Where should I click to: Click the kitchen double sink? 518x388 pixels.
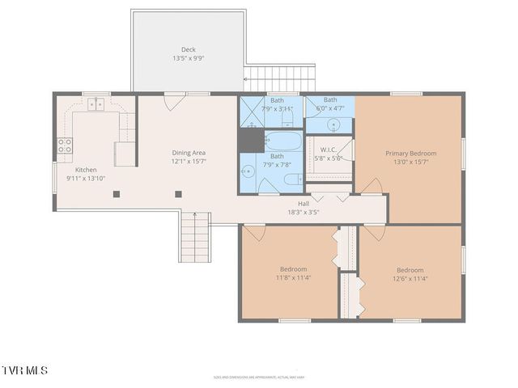(96, 103)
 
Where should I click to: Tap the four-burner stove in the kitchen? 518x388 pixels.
(65, 145)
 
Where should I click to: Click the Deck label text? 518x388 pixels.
(188, 50)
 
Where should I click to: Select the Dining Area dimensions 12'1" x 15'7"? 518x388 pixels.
(188, 162)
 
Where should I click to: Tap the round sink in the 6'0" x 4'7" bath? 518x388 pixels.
(333, 124)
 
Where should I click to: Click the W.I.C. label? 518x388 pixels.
(328, 150)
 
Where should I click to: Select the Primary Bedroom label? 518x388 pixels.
(410, 153)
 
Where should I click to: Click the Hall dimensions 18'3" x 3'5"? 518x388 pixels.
(303, 213)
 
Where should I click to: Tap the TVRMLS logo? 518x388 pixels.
(25, 370)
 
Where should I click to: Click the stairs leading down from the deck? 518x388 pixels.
(278, 79)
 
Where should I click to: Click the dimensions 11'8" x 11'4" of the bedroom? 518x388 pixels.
(293, 278)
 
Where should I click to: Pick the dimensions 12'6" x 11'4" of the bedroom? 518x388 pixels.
(410, 279)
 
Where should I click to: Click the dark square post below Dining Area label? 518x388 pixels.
(179, 193)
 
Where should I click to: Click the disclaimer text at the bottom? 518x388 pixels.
(258, 377)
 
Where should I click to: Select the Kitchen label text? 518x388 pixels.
(86, 170)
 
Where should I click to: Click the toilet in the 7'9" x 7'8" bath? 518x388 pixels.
(292, 179)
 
